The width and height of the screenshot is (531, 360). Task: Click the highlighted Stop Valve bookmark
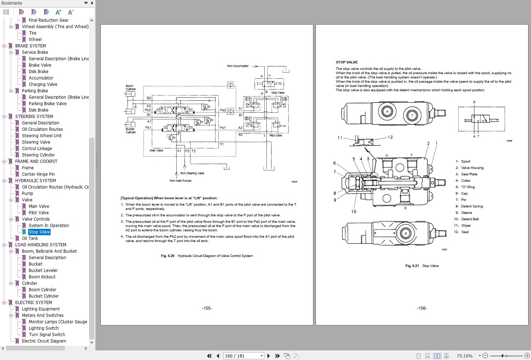pyautogui.click(x=39, y=232)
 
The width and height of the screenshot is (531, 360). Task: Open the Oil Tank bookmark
pyautogui.click(x=30, y=238)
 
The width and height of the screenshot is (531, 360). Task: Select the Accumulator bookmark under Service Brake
pyautogui.click(x=41, y=78)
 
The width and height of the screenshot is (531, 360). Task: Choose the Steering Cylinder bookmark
pyautogui.click(x=38, y=155)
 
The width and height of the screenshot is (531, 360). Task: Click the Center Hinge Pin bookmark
pyautogui.click(x=38, y=174)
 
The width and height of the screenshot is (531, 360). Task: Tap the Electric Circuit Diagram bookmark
pyautogui.click(x=44, y=341)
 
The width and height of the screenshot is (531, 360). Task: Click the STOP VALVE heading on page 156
pyautogui.click(x=347, y=62)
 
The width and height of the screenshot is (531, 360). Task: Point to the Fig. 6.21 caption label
pyautogui.click(x=412, y=266)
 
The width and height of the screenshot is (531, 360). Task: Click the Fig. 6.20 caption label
pyautogui.click(x=168, y=256)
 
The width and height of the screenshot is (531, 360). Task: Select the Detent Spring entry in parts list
pyautogui.click(x=472, y=206)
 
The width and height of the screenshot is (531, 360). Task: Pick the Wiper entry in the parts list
pyautogui.click(x=466, y=226)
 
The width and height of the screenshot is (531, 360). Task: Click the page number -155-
pyautogui.click(x=207, y=308)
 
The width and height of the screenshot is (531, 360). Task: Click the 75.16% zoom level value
pyautogui.click(x=464, y=356)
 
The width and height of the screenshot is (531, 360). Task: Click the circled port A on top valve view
pyautogui.click(x=387, y=112)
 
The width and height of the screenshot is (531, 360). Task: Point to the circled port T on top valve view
pyautogui.click(x=412, y=115)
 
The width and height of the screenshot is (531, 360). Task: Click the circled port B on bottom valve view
pyautogui.click(x=406, y=234)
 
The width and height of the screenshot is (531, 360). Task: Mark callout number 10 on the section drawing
pyautogui.click(x=354, y=212)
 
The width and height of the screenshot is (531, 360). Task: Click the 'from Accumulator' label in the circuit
pyautogui.click(x=238, y=66)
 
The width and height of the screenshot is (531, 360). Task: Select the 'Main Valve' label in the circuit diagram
pyautogui.click(x=156, y=150)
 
